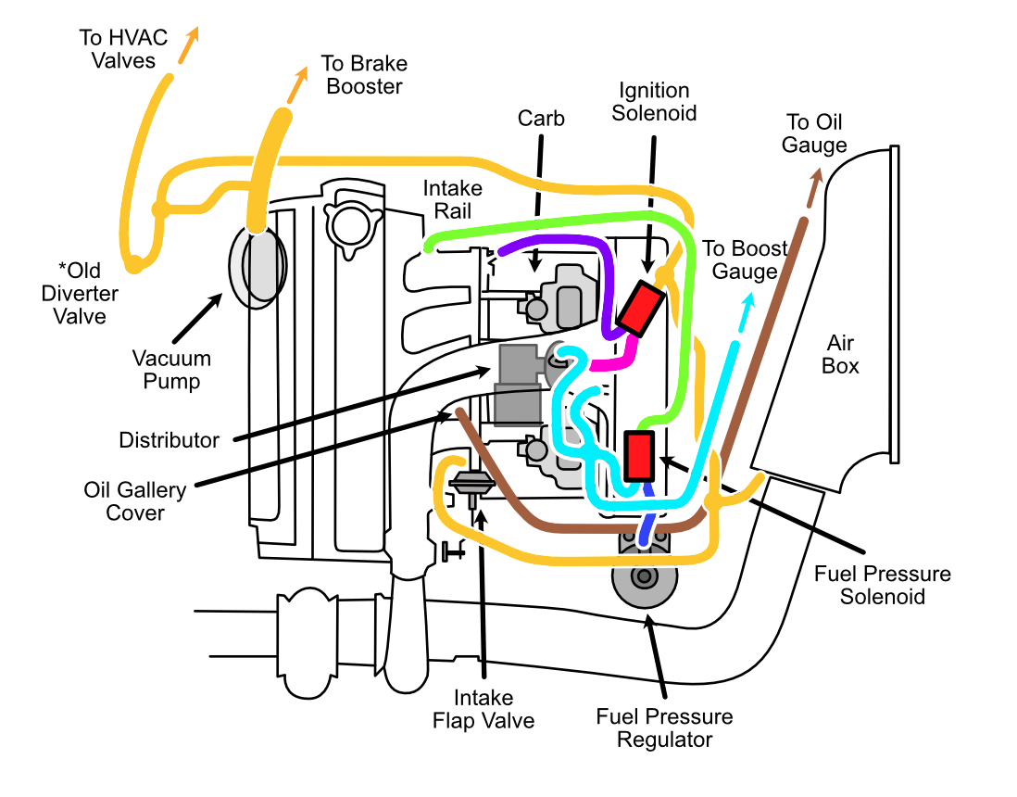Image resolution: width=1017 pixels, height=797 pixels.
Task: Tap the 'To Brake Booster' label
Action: (363, 75)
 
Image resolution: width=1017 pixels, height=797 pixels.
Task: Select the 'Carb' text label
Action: (541, 119)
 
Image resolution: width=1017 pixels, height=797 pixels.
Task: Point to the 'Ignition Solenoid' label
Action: (655, 102)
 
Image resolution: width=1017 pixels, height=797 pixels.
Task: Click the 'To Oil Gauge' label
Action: (814, 133)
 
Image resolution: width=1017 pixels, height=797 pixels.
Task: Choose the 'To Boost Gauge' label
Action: (745, 259)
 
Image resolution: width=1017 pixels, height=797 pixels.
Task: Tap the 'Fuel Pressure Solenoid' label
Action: (882, 585)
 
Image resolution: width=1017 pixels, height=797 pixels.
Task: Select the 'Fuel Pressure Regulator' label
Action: (664, 727)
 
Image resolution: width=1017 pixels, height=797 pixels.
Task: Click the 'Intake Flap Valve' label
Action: (483, 709)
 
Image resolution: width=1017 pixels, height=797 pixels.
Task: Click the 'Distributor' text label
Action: (169, 440)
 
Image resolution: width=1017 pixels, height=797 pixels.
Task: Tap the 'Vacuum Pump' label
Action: (171, 370)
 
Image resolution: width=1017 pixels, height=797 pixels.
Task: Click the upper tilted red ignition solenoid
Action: (638, 308)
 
